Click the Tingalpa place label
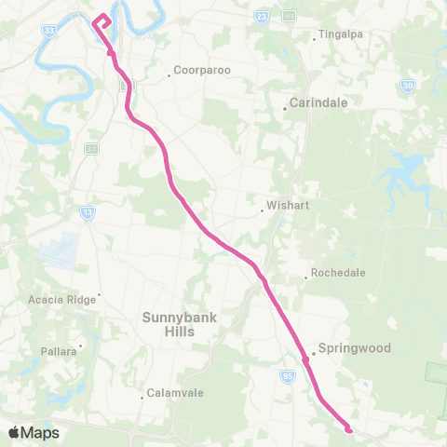pyautogui.click(x=339, y=35)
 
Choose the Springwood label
pyautogui.click(x=354, y=348)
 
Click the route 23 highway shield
pyautogui.click(x=262, y=17)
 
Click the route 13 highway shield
pyautogui.click(x=88, y=213)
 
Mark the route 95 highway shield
pyautogui.click(x=289, y=376)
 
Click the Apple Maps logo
pyautogui.click(x=34, y=432)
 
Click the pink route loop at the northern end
pyautogui.click(x=102, y=20)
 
